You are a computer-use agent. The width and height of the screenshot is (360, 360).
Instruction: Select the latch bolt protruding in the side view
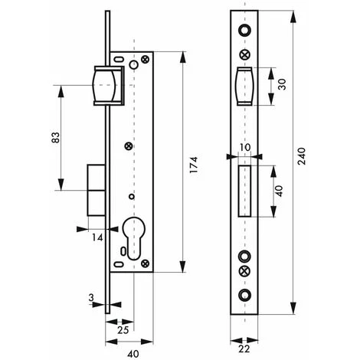click(107, 84)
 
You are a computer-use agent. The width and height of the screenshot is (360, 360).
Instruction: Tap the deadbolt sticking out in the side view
click(96, 190)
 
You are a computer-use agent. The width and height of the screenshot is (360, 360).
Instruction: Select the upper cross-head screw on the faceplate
click(244, 54)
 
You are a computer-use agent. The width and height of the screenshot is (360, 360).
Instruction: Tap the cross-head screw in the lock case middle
click(129, 146)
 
